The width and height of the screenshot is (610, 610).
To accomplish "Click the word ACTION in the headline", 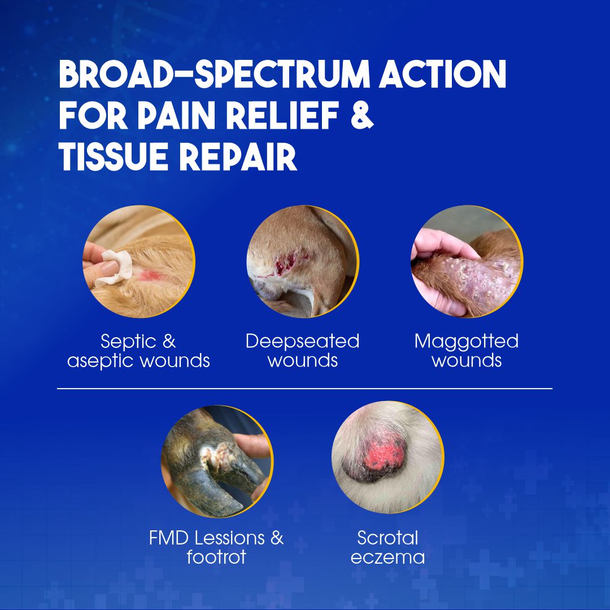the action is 443,74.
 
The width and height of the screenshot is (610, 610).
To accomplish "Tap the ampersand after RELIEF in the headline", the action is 362,116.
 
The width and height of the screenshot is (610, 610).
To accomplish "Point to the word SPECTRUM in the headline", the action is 282,74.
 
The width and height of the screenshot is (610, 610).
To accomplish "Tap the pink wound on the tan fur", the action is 151,276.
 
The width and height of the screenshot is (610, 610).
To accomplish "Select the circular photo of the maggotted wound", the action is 467,262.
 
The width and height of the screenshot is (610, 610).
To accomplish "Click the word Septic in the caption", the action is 128,342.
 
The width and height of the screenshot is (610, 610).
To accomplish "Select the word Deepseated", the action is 302,342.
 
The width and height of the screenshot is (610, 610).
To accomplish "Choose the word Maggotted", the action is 467,342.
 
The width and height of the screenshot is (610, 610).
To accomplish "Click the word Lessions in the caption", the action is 229,538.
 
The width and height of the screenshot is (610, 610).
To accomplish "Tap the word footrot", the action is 216,557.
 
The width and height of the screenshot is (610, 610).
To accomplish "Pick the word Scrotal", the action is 387,538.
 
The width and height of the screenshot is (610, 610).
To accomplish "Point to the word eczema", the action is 387,557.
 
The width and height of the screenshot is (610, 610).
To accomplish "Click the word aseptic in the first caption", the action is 101,361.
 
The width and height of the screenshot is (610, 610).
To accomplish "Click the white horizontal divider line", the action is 304,388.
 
